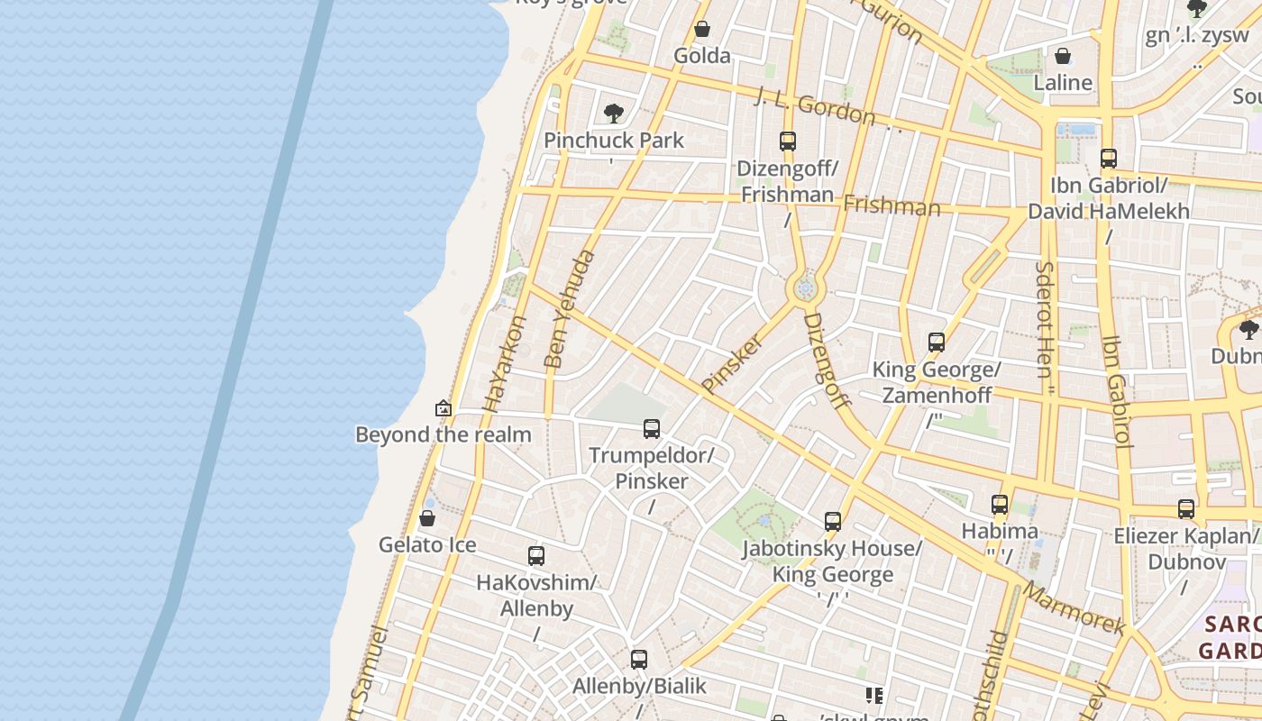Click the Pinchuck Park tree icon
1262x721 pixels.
[614, 114]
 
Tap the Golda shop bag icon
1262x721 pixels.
[702, 30]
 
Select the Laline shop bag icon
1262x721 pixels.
[1063, 56]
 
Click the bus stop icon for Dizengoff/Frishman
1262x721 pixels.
[788, 141]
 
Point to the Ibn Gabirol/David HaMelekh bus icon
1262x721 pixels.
[1109, 159]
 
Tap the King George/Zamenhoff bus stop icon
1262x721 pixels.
[937, 342]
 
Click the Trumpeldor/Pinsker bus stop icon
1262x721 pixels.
[652, 429]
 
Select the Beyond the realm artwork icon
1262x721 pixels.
[443, 408]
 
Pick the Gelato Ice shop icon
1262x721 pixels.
[427, 518]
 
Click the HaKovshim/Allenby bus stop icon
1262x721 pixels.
[536, 556]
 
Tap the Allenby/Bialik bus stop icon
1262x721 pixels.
[639, 660]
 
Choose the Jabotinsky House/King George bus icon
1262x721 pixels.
[833, 522]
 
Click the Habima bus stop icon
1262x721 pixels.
[1000, 505]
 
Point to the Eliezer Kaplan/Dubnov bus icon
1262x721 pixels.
[1186, 509]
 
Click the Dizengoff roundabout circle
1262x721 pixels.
[805, 288]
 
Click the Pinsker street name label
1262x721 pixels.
[732, 362]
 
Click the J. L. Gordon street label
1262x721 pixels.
[816, 106]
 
